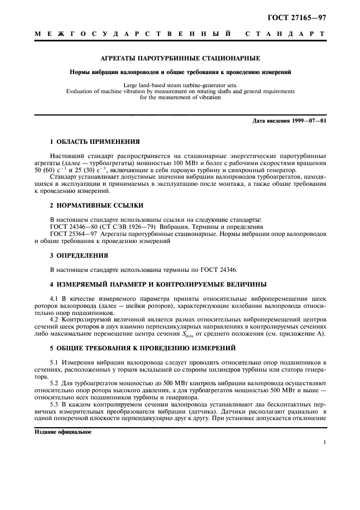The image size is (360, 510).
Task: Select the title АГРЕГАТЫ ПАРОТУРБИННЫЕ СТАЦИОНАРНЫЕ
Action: pos(180,58)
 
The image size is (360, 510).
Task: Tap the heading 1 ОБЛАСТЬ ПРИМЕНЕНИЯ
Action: pos(91,141)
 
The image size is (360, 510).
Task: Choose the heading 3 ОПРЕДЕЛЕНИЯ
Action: pos(78,254)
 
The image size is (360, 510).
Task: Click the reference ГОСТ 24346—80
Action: pos(71,226)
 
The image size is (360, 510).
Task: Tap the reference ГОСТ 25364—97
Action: pos(71,233)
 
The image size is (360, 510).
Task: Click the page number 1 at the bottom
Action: pos(324,443)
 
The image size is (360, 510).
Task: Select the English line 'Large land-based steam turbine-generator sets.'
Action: pos(180,86)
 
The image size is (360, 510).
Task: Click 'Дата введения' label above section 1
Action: pos(271,120)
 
